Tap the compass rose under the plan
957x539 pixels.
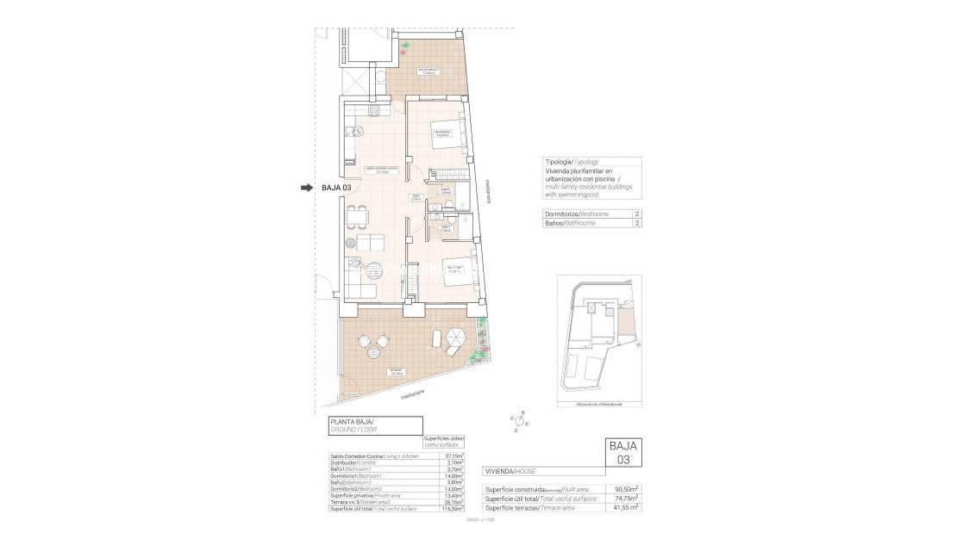pos(518,418)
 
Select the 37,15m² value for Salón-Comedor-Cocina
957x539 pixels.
pos(454,455)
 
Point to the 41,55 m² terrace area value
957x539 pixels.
pos(623,508)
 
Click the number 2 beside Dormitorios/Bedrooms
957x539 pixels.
pos(636,214)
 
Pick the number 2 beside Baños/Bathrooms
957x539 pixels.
pos(636,223)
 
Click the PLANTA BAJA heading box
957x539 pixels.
pos(375,424)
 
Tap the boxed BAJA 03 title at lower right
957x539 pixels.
pos(623,453)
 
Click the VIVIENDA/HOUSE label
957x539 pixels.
pos(513,472)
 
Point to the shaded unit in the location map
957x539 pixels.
pos(627,326)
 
